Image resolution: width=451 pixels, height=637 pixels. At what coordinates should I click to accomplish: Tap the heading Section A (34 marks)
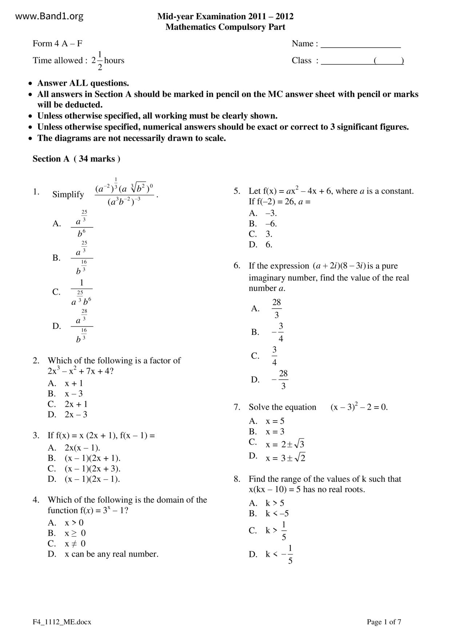pos(76,159)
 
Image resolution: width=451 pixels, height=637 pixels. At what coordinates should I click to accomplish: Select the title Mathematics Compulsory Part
pos(225,27)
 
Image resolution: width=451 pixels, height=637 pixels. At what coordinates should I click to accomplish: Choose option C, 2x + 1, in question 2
pos(76,404)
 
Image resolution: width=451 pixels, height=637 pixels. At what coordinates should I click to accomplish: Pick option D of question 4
pos(111,554)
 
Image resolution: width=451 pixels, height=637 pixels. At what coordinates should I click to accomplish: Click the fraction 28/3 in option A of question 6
pos(276,309)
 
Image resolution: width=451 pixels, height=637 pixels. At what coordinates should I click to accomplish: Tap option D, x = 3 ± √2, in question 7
pos(285,458)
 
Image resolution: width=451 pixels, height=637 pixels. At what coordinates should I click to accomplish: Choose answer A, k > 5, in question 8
pos(275,503)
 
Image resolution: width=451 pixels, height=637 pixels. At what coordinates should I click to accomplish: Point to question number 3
pos(36,435)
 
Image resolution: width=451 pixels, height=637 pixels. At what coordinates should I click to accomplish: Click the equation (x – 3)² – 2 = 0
pos(359,407)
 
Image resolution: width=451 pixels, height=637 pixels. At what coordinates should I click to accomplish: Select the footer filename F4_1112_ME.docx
pos(62,622)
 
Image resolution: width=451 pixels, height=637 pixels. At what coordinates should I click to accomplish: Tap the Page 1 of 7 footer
pos(384,622)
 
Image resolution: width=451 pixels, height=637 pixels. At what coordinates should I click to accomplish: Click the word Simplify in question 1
pos(68,195)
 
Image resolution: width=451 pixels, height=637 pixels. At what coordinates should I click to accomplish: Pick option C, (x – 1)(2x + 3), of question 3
pos(92,468)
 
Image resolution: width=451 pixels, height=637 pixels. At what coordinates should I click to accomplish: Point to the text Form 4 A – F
pos(57,44)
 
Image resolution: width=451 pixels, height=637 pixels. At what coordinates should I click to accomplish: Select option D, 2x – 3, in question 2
pos(76,415)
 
